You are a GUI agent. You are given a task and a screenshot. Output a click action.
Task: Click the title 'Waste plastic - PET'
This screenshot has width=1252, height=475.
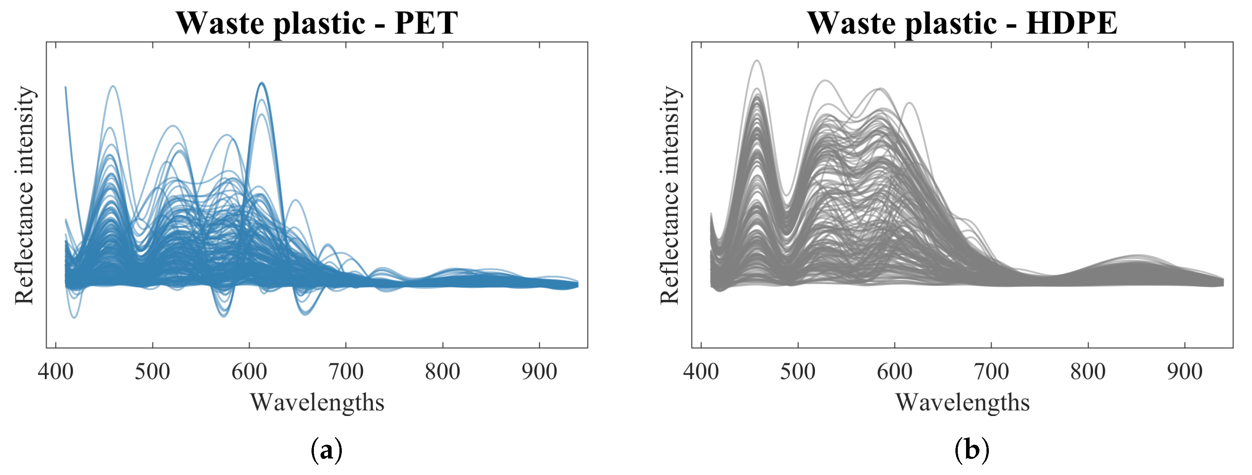point(317,23)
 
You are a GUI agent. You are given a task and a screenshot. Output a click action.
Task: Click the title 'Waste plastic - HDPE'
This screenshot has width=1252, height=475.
point(963,23)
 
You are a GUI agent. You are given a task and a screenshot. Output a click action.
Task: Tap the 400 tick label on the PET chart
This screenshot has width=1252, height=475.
point(55,372)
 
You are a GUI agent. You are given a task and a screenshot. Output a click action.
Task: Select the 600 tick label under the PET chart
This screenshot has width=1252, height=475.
point(249,372)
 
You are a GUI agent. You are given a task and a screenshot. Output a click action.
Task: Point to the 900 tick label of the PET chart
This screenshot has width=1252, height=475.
point(539,372)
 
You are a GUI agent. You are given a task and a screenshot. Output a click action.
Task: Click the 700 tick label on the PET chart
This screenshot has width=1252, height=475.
point(346,372)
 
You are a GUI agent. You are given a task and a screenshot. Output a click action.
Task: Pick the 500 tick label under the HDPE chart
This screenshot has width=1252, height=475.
point(798,372)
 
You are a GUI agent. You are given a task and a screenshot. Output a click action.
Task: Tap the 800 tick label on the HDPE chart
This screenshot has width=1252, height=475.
point(1088,372)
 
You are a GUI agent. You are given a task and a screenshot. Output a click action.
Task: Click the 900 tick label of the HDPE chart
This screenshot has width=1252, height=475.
point(1184,372)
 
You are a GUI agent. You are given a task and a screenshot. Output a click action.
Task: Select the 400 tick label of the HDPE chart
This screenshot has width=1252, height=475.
point(701,372)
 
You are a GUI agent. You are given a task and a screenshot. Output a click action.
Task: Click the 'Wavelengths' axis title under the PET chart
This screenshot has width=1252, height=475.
point(317,403)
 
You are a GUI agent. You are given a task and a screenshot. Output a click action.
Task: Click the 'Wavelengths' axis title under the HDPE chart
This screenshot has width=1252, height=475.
point(963,403)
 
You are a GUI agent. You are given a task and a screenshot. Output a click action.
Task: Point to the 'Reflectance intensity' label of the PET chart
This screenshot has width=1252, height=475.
point(24,196)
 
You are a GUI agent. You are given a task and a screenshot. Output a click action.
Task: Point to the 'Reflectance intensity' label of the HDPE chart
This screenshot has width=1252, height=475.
point(670,196)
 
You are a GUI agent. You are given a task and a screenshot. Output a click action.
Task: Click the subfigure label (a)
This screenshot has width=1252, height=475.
point(326,450)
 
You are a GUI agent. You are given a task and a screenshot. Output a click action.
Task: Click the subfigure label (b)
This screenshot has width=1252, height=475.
point(972,450)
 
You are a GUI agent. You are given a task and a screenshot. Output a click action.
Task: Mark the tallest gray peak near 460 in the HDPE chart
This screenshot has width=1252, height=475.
point(757,61)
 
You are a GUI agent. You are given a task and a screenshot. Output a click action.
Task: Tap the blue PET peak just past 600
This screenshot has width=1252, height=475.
point(262,83)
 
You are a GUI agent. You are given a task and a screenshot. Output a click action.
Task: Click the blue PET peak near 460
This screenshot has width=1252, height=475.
point(113,87)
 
